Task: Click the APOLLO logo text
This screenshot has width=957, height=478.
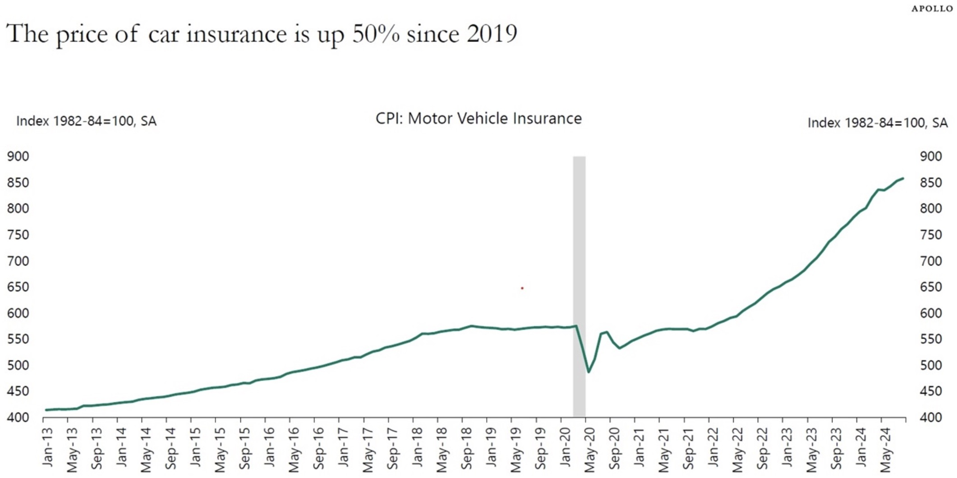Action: (932, 9)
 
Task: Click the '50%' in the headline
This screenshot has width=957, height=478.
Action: (375, 34)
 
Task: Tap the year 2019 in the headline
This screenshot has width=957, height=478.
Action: (492, 34)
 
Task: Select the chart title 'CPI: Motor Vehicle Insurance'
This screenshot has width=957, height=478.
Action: (478, 119)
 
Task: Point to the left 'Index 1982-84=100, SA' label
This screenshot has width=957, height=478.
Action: (86, 121)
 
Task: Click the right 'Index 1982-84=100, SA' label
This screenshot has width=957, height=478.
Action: (877, 123)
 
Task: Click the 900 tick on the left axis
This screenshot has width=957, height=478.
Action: (18, 156)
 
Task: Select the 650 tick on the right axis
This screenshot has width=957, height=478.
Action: (931, 287)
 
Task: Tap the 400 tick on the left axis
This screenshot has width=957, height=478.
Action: (18, 418)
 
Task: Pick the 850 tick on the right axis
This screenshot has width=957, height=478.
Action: (931, 183)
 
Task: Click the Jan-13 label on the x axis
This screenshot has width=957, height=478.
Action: (47, 446)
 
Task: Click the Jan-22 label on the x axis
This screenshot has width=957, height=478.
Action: (713, 446)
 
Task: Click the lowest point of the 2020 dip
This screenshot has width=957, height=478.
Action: (589, 372)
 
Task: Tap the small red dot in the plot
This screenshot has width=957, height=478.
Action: (522, 288)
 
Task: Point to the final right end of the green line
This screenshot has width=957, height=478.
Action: (903, 178)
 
